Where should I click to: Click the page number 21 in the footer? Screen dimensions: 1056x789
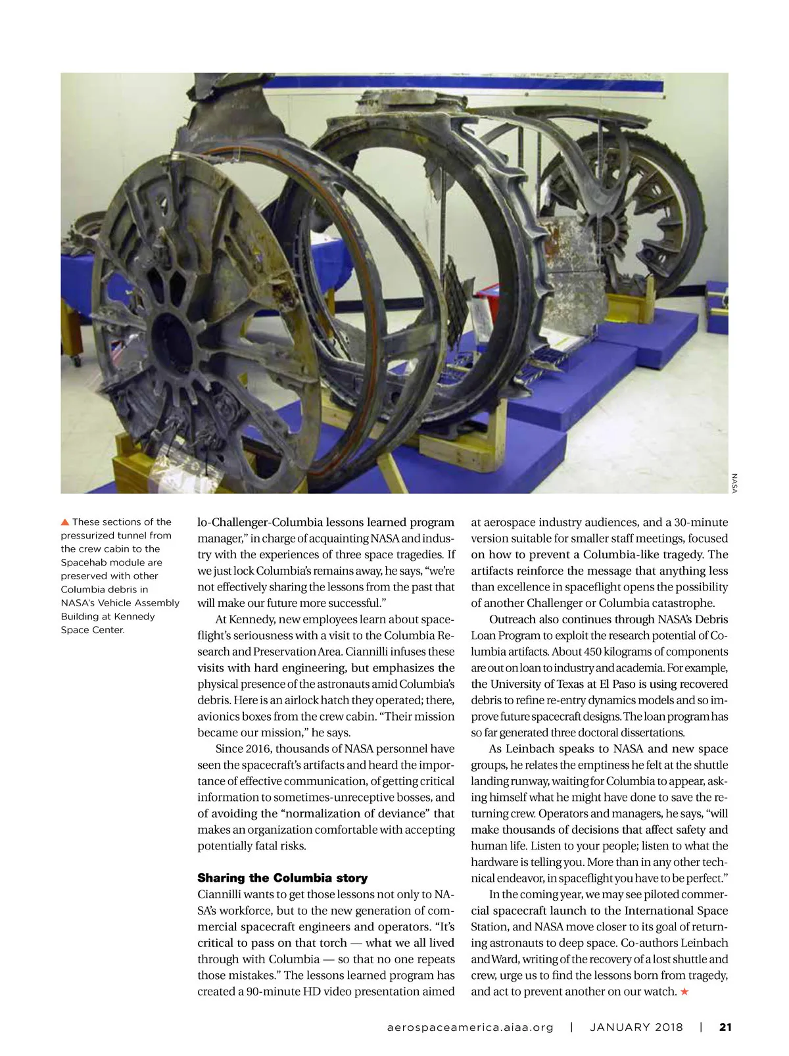click(x=725, y=1027)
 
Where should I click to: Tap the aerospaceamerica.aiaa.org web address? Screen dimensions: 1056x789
click(x=469, y=1027)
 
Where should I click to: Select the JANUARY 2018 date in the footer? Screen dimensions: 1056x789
click(x=636, y=1027)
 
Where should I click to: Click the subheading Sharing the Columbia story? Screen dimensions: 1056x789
click(x=283, y=878)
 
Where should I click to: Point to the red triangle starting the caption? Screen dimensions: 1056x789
click(x=64, y=522)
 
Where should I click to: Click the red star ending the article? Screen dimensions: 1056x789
click(x=684, y=992)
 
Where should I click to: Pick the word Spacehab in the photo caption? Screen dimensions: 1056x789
click(x=85, y=562)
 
